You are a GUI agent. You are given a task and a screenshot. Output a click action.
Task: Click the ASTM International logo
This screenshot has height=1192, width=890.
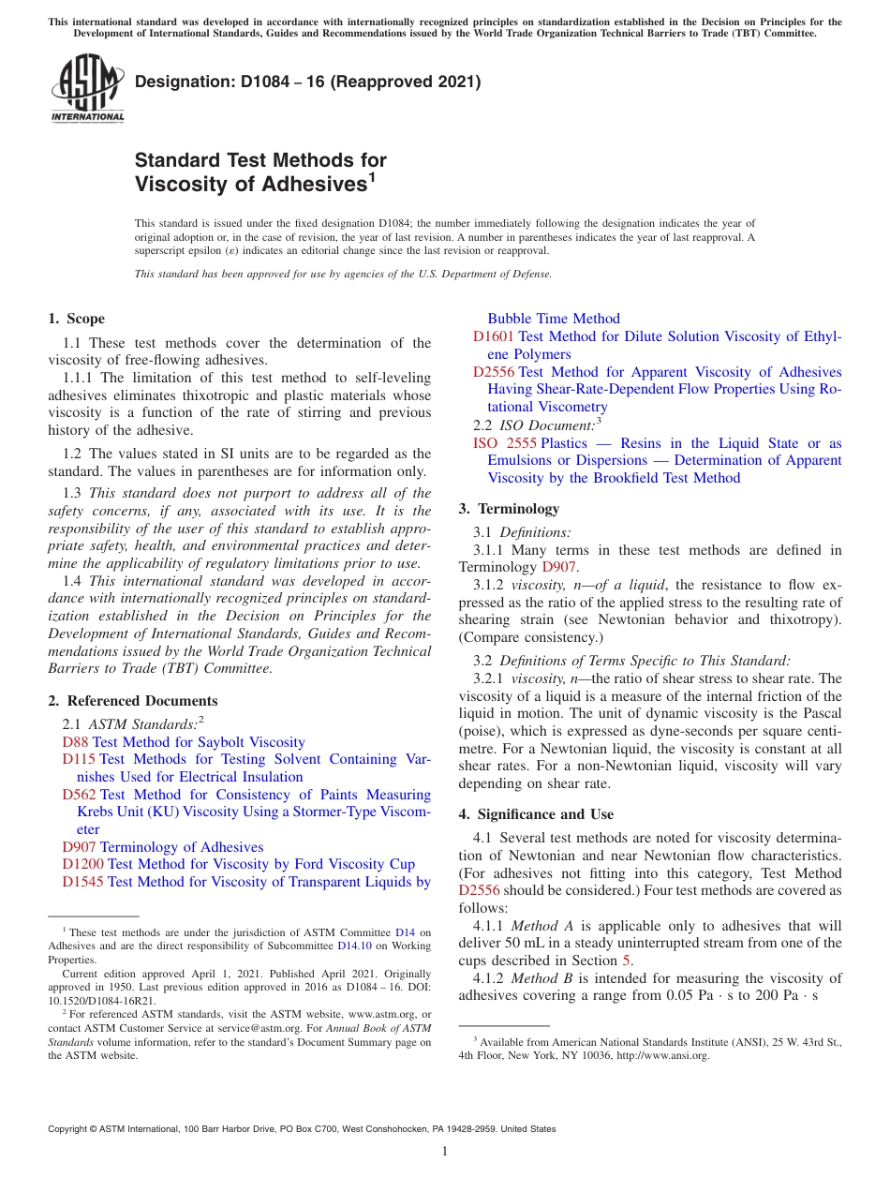tap(86, 89)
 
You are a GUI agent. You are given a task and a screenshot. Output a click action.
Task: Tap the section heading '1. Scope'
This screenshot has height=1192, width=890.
tap(77, 319)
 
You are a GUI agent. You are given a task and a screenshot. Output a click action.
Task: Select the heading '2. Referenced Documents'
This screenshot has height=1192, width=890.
tap(133, 701)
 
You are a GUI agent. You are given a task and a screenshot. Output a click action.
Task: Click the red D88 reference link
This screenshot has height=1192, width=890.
tap(75, 741)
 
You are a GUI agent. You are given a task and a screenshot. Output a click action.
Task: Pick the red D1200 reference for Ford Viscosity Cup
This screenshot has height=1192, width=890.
tap(82, 864)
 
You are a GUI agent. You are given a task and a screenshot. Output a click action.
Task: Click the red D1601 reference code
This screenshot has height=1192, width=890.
tap(493, 336)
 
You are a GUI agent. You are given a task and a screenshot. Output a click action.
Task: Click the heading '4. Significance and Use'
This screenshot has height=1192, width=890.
tap(536, 814)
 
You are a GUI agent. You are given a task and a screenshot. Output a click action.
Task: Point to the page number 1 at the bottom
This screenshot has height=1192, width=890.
tap(445, 1151)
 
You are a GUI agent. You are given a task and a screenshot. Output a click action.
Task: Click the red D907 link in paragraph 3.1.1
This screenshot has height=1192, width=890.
tap(558, 567)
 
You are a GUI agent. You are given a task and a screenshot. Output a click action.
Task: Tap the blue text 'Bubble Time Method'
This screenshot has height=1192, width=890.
tap(553, 319)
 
